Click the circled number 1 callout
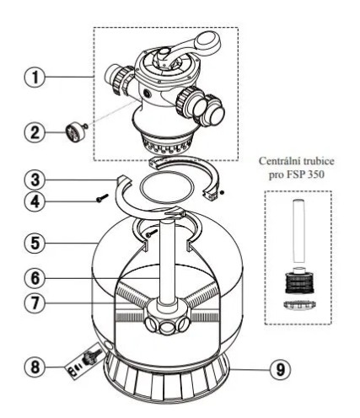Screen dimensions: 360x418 point(35,77)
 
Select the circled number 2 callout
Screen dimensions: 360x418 point(35,132)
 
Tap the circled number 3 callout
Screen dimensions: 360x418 point(35,180)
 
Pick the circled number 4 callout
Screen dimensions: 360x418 point(35,201)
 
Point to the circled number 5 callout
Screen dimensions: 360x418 point(35,243)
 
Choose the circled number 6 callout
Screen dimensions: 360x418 point(35,279)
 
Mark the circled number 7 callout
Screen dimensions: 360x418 point(35,303)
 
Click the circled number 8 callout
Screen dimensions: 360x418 point(35,367)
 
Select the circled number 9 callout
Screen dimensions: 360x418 point(281,370)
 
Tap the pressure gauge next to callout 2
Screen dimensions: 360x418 point(74,132)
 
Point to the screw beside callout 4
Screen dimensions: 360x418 point(102,198)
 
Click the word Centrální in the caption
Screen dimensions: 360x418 point(280,161)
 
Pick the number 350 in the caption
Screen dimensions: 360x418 point(315,174)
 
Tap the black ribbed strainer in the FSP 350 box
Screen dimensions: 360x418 point(298,282)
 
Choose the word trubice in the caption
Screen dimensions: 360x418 point(319,161)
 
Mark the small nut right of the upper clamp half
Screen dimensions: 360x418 point(222,193)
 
